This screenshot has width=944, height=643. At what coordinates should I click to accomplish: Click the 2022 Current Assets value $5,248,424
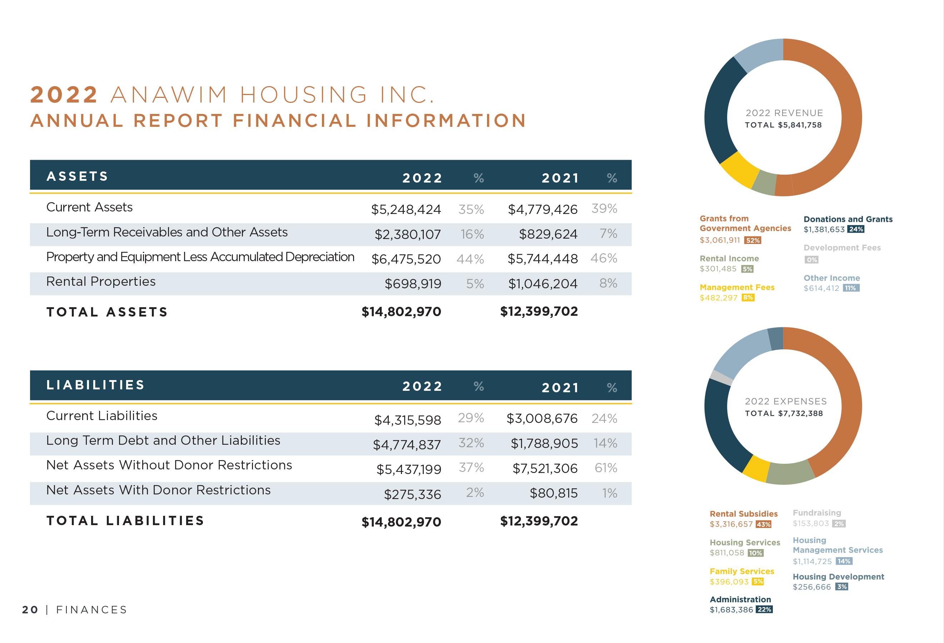(x=406, y=210)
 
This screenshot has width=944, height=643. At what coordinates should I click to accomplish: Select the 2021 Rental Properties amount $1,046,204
(x=543, y=284)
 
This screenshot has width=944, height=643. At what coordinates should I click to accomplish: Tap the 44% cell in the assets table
(x=470, y=259)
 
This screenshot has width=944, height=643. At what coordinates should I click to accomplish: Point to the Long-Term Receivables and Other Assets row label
(x=167, y=232)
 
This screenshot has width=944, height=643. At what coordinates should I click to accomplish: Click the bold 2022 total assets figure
(x=401, y=312)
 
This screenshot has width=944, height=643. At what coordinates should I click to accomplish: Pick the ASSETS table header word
(x=77, y=176)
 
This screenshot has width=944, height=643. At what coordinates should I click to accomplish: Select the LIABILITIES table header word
(x=95, y=385)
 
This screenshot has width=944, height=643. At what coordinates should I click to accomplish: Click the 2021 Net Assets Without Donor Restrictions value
(x=545, y=469)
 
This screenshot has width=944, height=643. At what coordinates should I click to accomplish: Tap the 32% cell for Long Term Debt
(x=471, y=443)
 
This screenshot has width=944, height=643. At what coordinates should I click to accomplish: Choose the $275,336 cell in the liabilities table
(x=412, y=495)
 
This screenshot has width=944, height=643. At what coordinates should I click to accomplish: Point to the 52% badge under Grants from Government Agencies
(x=752, y=240)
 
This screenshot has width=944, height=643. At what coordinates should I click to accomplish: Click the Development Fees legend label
(x=842, y=248)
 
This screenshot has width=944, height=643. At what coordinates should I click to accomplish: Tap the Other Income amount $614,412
(x=821, y=288)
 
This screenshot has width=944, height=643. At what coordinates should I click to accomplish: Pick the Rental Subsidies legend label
(x=743, y=514)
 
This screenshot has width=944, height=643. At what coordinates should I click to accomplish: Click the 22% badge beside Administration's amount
(x=764, y=610)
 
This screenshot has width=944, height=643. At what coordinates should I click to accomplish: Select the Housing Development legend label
(x=838, y=577)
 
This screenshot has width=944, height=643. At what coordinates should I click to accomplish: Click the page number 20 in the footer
(x=30, y=610)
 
